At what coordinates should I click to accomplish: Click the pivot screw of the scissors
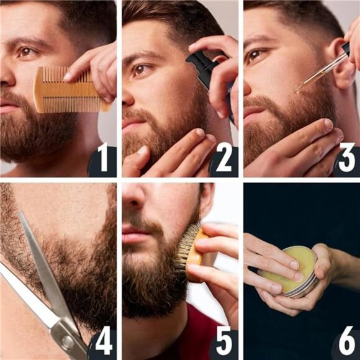(x=65, y=342)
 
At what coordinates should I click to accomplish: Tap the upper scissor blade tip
(x=20, y=214)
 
